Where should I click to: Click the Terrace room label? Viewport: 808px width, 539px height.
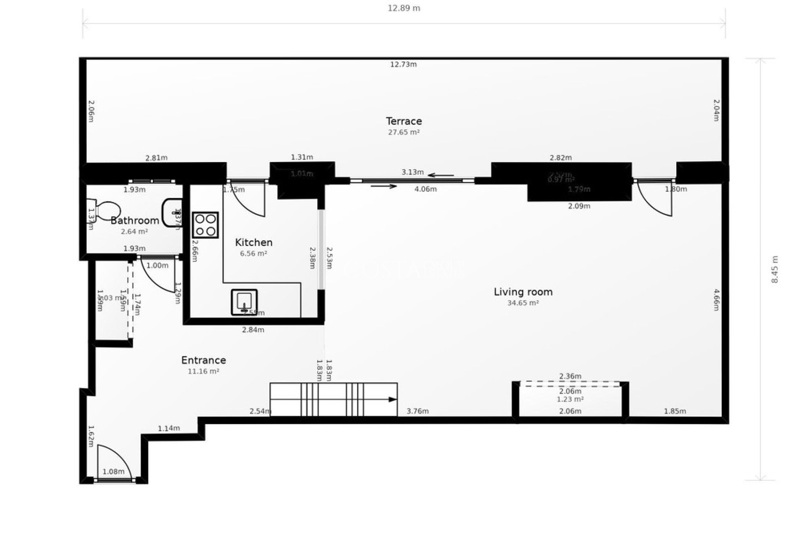(x=404, y=121)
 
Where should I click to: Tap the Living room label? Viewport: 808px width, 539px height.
(x=523, y=292)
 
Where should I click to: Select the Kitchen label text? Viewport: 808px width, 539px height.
(x=253, y=243)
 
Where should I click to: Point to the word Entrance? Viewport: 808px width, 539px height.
(x=203, y=360)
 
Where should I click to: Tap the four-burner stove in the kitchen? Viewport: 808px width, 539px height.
(x=205, y=225)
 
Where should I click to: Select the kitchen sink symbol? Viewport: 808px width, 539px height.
(x=244, y=302)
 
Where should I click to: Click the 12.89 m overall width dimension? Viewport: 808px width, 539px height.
(x=404, y=8)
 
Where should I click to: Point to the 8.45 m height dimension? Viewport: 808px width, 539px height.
(x=775, y=269)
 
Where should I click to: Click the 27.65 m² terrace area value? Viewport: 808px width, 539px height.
(x=404, y=132)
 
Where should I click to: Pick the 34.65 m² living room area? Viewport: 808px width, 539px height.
(x=523, y=303)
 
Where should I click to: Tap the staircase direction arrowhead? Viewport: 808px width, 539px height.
(x=393, y=400)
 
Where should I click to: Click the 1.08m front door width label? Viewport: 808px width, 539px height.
(x=114, y=472)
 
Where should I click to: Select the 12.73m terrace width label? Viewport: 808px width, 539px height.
(x=403, y=64)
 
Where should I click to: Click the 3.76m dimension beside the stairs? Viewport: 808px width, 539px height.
(x=417, y=411)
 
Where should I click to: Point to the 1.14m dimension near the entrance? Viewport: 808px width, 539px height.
(x=169, y=429)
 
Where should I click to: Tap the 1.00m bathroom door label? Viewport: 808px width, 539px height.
(x=157, y=266)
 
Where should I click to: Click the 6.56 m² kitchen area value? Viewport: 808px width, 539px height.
(x=253, y=253)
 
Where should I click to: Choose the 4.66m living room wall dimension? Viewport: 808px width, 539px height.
(x=716, y=299)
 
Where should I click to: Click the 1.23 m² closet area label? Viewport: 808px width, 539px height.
(x=570, y=399)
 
